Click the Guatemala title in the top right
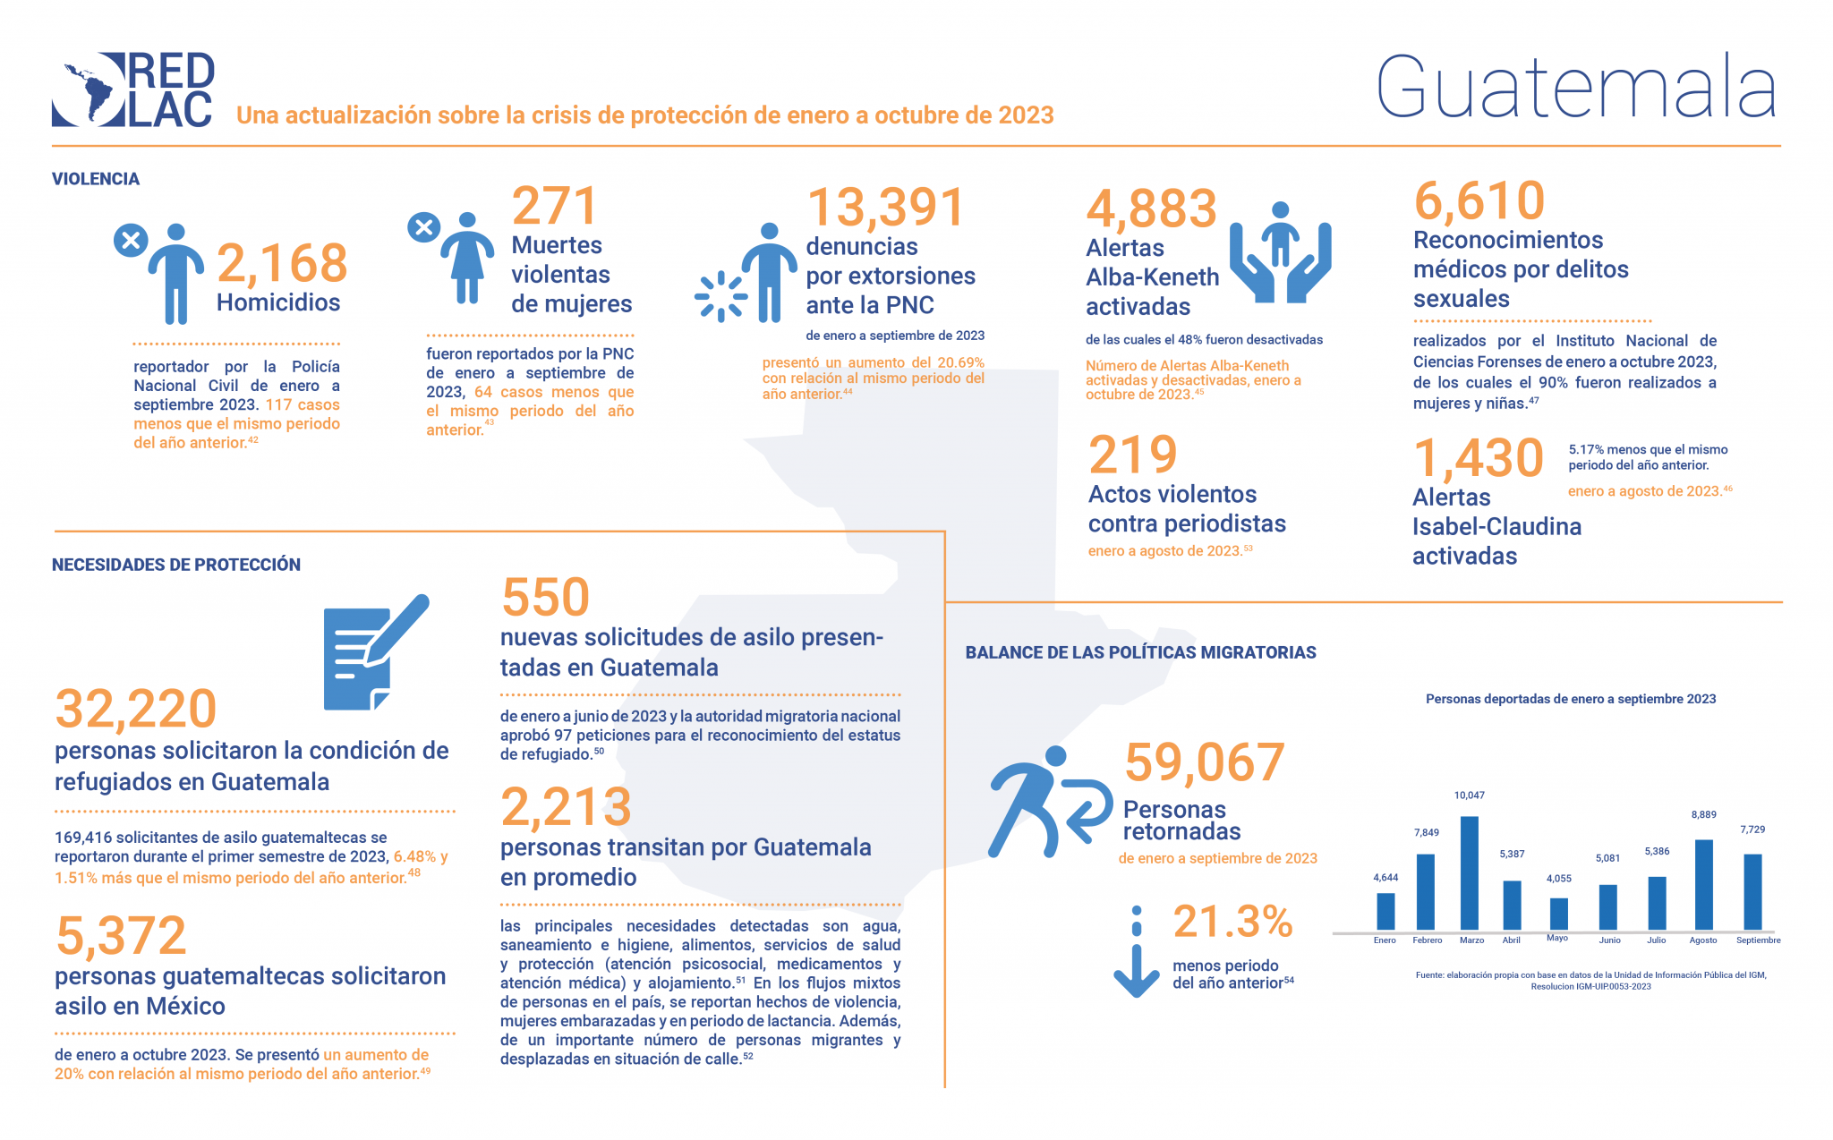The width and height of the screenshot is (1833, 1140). (x=1575, y=87)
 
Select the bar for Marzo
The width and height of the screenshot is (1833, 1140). (x=1469, y=872)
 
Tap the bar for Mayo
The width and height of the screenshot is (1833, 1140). (x=1558, y=914)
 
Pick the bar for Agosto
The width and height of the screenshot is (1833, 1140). (x=1703, y=884)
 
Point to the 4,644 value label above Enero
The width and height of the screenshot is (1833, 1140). (x=1385, y=878)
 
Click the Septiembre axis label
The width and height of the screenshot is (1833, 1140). (x=1758, y=940)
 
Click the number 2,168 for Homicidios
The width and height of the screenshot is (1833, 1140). (x=282, y=263)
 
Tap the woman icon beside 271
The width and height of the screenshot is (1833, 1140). (x=466, y=259)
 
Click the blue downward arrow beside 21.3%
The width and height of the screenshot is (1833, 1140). (x=1136, y=952)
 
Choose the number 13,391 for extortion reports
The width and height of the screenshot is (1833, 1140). (x=886, y=207)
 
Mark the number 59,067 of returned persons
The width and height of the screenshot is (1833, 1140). (x=1204, y=762)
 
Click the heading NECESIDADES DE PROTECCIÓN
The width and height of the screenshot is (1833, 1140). (x=176, y=565)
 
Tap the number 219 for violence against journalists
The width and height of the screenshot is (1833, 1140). (x=1132, y=455)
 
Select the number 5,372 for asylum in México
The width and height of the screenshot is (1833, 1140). (x=121, y=936)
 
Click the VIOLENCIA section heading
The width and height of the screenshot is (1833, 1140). (x=96, y=179)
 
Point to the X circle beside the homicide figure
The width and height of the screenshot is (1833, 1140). (x=131, y=240)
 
